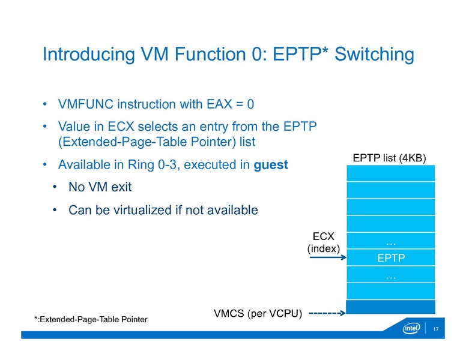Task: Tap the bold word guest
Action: [x=271, y=164]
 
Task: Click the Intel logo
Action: [x=411, y=329]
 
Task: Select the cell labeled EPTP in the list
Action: [x=391, y=259]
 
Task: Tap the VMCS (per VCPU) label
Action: [x=258, y=313]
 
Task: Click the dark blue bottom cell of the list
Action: [x=391, y=307]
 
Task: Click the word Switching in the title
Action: [x=374, y=55]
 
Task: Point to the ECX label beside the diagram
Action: [x=324, y=237]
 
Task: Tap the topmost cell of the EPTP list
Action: [x=391, y=173]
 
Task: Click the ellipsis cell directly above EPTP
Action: [x=391, y=242]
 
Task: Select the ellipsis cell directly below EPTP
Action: [x=391, y=275]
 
